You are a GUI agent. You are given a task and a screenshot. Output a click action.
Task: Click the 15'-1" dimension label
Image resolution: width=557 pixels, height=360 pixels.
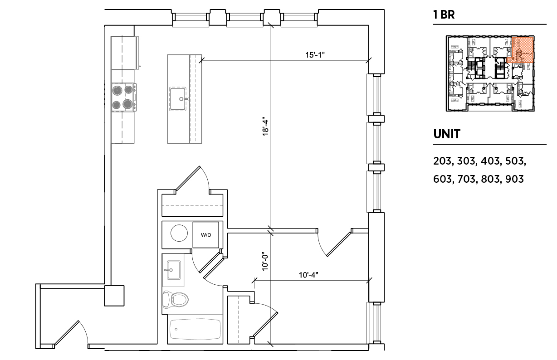(315, 55)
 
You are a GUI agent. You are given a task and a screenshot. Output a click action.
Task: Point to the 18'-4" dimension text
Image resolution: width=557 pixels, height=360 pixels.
(265, 126)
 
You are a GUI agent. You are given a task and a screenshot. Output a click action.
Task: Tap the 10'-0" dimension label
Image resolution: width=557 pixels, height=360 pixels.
(265, 261)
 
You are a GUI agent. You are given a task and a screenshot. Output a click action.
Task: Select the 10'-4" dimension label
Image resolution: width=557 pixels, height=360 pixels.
(308, 275)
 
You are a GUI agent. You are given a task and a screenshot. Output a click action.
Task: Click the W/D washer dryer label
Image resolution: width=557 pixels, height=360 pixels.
(206, 235)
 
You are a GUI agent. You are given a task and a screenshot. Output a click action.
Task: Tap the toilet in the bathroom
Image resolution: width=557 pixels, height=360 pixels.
(175, 299)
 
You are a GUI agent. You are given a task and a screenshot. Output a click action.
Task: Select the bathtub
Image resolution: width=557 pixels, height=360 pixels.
(195, 330)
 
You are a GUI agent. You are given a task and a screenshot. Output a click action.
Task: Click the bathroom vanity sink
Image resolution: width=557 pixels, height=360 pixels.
(173, 270)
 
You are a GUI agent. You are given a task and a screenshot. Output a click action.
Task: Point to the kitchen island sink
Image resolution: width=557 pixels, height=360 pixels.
(178, 99)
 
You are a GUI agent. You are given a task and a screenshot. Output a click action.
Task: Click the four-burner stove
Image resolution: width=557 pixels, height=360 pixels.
(123, 97)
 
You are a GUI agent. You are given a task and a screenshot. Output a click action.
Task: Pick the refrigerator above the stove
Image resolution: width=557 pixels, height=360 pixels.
(125, 53)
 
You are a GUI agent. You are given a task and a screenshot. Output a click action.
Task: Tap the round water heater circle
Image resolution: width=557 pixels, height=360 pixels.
(179, 233)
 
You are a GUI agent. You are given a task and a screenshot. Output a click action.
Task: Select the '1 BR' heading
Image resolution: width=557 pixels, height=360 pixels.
(444, 15)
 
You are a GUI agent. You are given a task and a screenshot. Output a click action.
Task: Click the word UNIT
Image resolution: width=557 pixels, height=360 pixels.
(447, 134)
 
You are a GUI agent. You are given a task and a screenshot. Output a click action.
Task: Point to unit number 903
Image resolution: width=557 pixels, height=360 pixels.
(515, 179)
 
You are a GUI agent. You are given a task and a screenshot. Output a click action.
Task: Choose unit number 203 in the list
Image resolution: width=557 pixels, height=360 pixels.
(442, 161)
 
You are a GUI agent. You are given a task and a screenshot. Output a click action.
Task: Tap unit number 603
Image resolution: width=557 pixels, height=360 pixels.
(442, 179)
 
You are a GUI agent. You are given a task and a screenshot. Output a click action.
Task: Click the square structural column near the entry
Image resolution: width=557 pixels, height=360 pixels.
(114, 296)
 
